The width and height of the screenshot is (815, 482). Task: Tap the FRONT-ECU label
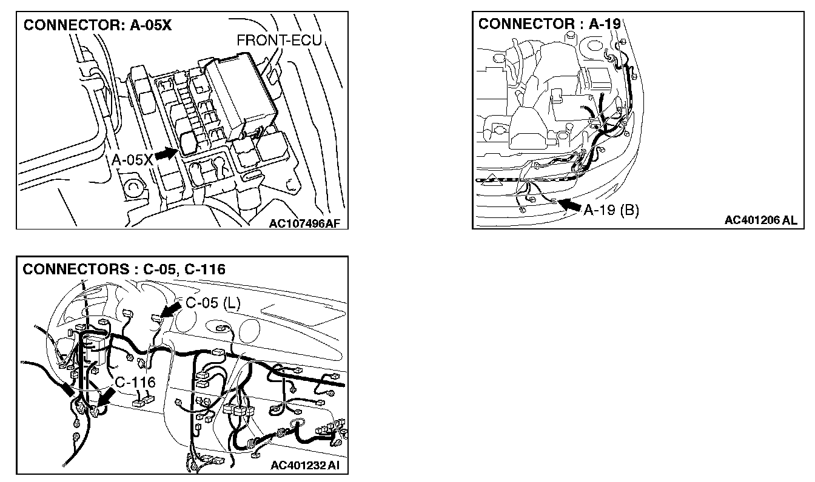(x=278, y=41)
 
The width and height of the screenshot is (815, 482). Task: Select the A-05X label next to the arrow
(x=132, y=160)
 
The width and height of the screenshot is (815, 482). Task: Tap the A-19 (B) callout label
(x=611, y=210)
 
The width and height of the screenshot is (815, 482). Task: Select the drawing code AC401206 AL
(x=760, y=220)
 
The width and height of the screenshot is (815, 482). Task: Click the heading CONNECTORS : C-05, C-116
(x=124, y=269)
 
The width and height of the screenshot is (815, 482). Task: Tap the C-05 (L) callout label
(x=212, y=304)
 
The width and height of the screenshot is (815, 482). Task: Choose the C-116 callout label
(x=135, y=383)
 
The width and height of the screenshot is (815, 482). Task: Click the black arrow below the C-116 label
(x=107, y=400)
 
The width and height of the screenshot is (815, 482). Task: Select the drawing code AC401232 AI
(x=306, y=465)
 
